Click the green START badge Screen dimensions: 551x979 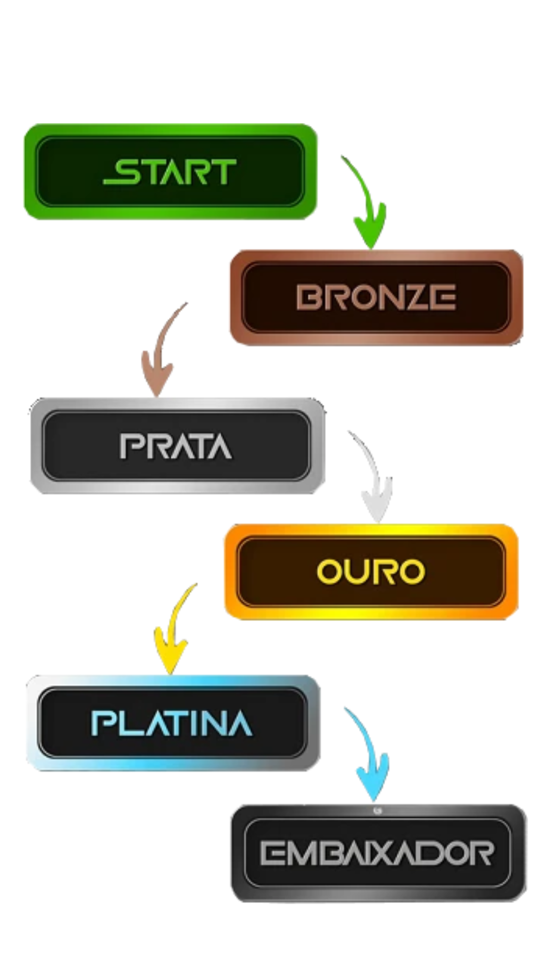(x=170, y=171)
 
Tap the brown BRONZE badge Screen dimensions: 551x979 (x=377, y=297)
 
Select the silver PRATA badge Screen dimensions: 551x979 (x=177, y=446)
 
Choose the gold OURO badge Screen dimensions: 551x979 (x=371, y=572)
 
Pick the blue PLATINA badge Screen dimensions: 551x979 (x=173, y=723)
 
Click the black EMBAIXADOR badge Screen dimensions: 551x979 (x=379, y=853)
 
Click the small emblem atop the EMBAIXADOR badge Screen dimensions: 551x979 (x=378, y=811)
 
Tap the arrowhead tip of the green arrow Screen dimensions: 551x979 (x=371, y=249)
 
